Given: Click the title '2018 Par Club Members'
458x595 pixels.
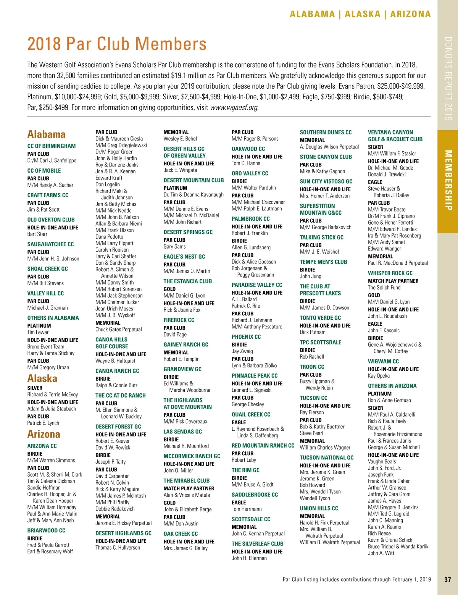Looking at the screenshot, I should [117, 44].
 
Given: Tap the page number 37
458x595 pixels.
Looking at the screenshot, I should [448, 579].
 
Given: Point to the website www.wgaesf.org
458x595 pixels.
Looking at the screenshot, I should [234, 108].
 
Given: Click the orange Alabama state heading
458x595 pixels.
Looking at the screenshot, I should [46, 134].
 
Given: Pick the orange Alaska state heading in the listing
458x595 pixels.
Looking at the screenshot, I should [42, 378].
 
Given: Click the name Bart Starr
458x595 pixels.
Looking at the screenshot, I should [37, 234].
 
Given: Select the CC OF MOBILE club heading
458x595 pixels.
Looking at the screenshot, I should [44, 171].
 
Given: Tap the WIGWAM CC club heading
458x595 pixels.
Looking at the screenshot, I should [383, 361].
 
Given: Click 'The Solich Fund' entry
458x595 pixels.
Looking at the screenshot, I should [384, 288].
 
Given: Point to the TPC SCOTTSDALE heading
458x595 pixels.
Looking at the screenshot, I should [321, 342].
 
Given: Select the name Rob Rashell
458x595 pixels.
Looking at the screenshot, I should [312, 357].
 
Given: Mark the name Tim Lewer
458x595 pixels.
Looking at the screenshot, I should [38, 332].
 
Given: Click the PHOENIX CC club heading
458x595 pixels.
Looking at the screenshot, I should [246, 337].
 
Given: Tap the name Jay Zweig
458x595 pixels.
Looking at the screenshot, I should [242, 351].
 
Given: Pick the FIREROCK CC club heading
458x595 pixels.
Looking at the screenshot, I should [179, 320].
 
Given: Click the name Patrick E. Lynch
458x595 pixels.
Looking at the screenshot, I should [43, 423].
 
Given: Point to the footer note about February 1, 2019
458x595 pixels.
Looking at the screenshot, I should [356, 579].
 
